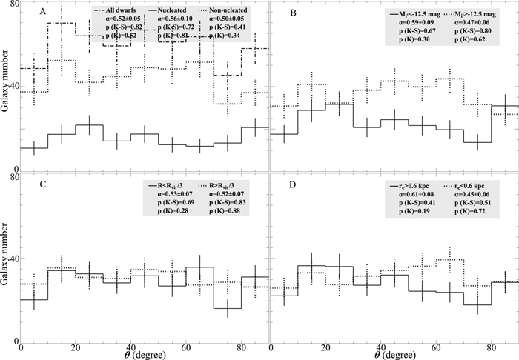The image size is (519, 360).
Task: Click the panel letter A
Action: [43, 12]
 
